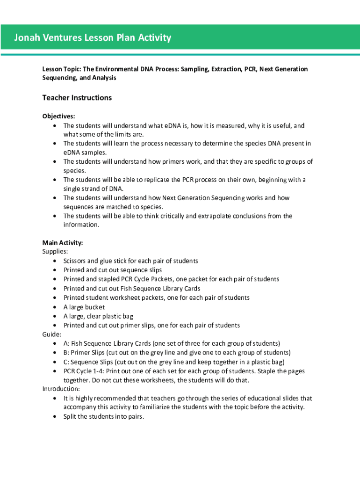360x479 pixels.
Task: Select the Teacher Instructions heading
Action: point(77,98)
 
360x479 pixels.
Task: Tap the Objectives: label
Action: point(58,116)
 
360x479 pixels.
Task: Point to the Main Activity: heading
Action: point(63,243)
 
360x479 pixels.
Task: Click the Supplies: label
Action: point(55,252)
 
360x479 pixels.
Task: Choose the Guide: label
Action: point(52,334)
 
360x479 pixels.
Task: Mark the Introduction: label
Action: point(61,389)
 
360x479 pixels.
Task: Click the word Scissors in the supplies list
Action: point(74,261)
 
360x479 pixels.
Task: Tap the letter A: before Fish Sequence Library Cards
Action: point(67,343)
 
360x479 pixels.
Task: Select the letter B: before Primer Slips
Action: point(67,353)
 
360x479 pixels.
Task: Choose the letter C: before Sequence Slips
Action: point(67,362)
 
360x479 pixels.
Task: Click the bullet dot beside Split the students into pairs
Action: point(55,416)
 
